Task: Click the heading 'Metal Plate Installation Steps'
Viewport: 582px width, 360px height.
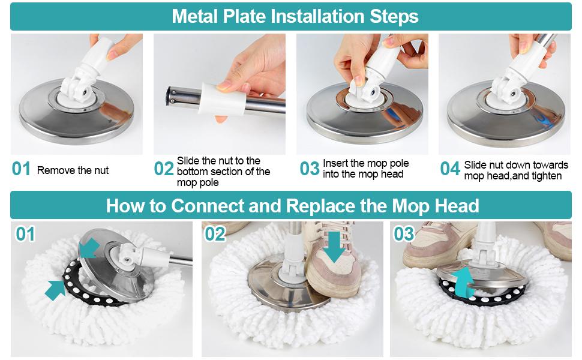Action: click(x=295, y=16)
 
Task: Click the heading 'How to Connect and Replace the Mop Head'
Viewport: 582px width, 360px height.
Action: click(x=292, y=206)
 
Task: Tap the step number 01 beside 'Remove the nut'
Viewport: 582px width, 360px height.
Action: click(x=21, y=169)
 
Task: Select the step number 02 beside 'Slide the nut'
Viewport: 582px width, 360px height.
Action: click(x=164, y=169)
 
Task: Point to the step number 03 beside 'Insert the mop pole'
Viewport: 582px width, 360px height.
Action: click(x=310, y=169)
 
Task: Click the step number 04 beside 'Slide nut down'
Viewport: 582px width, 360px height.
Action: click(x=450, y=169)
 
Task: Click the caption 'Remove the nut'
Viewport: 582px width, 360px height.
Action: click(x=73, y=170)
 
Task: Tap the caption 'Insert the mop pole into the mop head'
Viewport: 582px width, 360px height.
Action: click(x=365, y=169)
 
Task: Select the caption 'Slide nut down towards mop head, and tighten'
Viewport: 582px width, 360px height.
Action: click(x=516, y=170)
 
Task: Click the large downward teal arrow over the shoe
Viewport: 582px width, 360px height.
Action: click(x=334, y=247)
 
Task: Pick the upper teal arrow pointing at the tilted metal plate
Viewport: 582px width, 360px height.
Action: click(x=89, y=248)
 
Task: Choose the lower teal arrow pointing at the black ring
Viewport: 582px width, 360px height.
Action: click(x=55, y=290)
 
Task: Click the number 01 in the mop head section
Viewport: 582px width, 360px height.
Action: click(x=25, y=234)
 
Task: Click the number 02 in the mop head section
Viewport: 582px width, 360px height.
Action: click(x=215, y=234)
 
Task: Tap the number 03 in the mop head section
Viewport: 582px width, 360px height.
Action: click(x=404, y=234)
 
